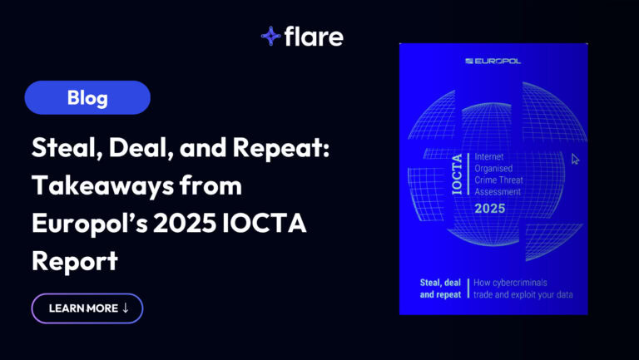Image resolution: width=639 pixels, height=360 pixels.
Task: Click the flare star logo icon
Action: click(271, 36)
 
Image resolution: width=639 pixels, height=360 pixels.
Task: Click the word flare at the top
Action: click(314, 37)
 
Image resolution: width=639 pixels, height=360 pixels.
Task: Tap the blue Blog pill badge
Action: click(87, 97)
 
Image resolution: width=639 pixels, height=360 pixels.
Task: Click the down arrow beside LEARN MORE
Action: click(125, 308)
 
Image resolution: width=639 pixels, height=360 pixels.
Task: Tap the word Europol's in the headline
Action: click(89, 224)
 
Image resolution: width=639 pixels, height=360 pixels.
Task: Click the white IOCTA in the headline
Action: click(265, 224)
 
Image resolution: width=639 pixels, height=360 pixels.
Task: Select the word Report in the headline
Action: click(75, 261)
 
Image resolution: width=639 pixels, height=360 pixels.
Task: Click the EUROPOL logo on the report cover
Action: click(493, 61)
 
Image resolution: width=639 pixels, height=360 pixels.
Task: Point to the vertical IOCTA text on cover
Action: click(458, 174)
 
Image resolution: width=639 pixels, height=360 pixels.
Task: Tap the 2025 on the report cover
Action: click(490, 209)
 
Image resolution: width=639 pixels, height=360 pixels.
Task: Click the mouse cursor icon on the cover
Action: click(575, 159)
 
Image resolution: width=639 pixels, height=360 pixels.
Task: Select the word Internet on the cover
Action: click(489, 157)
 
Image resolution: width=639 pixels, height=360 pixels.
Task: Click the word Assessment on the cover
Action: click(498, 191)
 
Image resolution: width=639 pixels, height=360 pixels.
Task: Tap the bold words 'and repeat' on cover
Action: click(440, 294)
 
